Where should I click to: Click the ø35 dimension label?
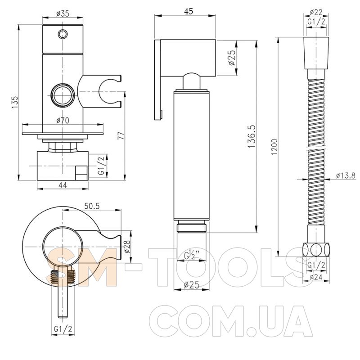[x=63, y=14]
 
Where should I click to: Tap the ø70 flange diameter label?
[x=63, y=120]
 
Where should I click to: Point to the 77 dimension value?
[x=121, y=135]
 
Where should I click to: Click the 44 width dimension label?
[x=63, y=185]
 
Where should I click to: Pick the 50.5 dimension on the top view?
[x=92, y=206]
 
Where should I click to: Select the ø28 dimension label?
[x=127, y=246]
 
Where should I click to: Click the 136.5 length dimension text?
[x=252, y=136]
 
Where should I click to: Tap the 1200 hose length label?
[x=274, y=147]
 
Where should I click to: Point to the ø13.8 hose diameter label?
[x=346, y=175]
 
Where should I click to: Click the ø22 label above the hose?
[x=316, y=12]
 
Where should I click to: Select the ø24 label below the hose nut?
[x=316, y=277]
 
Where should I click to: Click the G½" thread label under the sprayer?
[x=192, y=255]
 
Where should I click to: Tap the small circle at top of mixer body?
[x=63, y=34]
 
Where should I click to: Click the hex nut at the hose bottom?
[x=316, y=250]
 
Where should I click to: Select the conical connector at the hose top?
[x=316, y=53]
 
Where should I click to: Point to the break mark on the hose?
[x=316, y=147]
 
